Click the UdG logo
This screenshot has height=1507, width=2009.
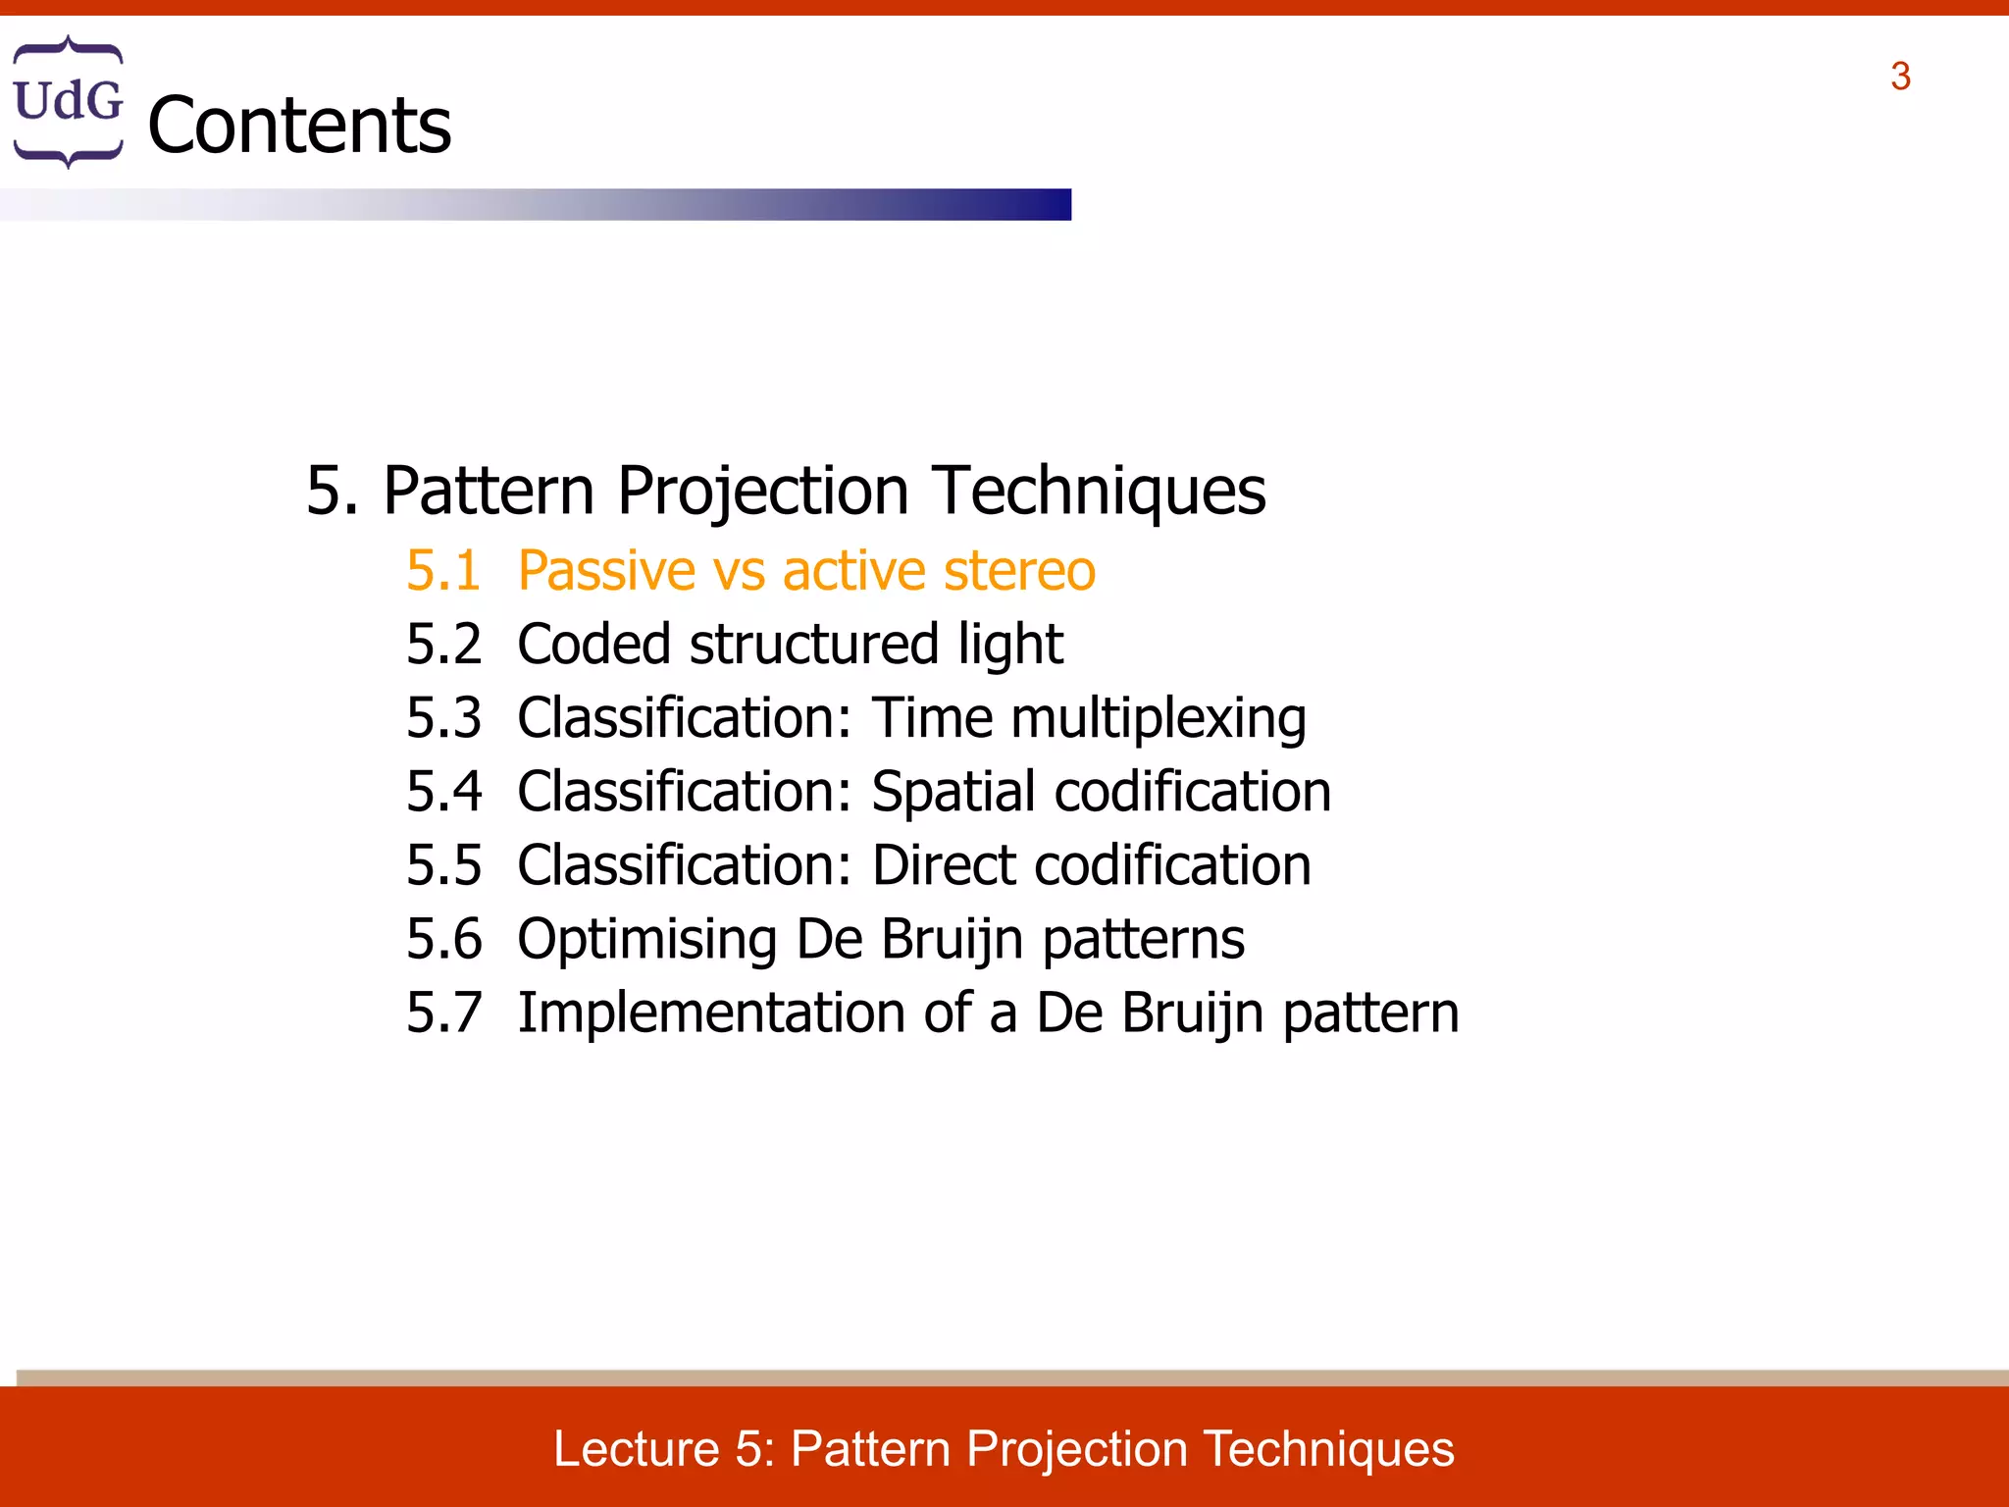pyautogui.click(x=68, y=101)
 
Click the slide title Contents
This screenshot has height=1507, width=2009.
pyautogui.click(x=299, y=126)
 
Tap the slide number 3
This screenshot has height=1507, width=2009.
pyautogui.click(x=1900, y=77)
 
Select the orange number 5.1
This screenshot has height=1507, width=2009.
pyautogui.click(x=443, y=571)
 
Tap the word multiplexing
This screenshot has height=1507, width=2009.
pyautogui.click(x=1158, y=718)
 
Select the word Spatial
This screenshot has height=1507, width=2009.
pyautogui.click(x=953, y=792)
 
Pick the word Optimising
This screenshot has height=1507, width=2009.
pyautogui.click(x=647, y=939)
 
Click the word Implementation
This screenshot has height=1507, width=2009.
pyautogui.click(x=710, y=1013)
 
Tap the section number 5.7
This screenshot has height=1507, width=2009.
pyautogui.click(x=443, y=1013)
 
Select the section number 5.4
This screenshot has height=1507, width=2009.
pyautogui.click(x=443, y=792)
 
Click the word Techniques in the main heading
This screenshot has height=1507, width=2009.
pyautogui.click(x=1099, y=491)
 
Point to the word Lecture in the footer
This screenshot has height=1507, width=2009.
pyautogui.click(x=637, y=1449)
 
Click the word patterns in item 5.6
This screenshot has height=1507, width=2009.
pyautogui.click(x=1143, y=939)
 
